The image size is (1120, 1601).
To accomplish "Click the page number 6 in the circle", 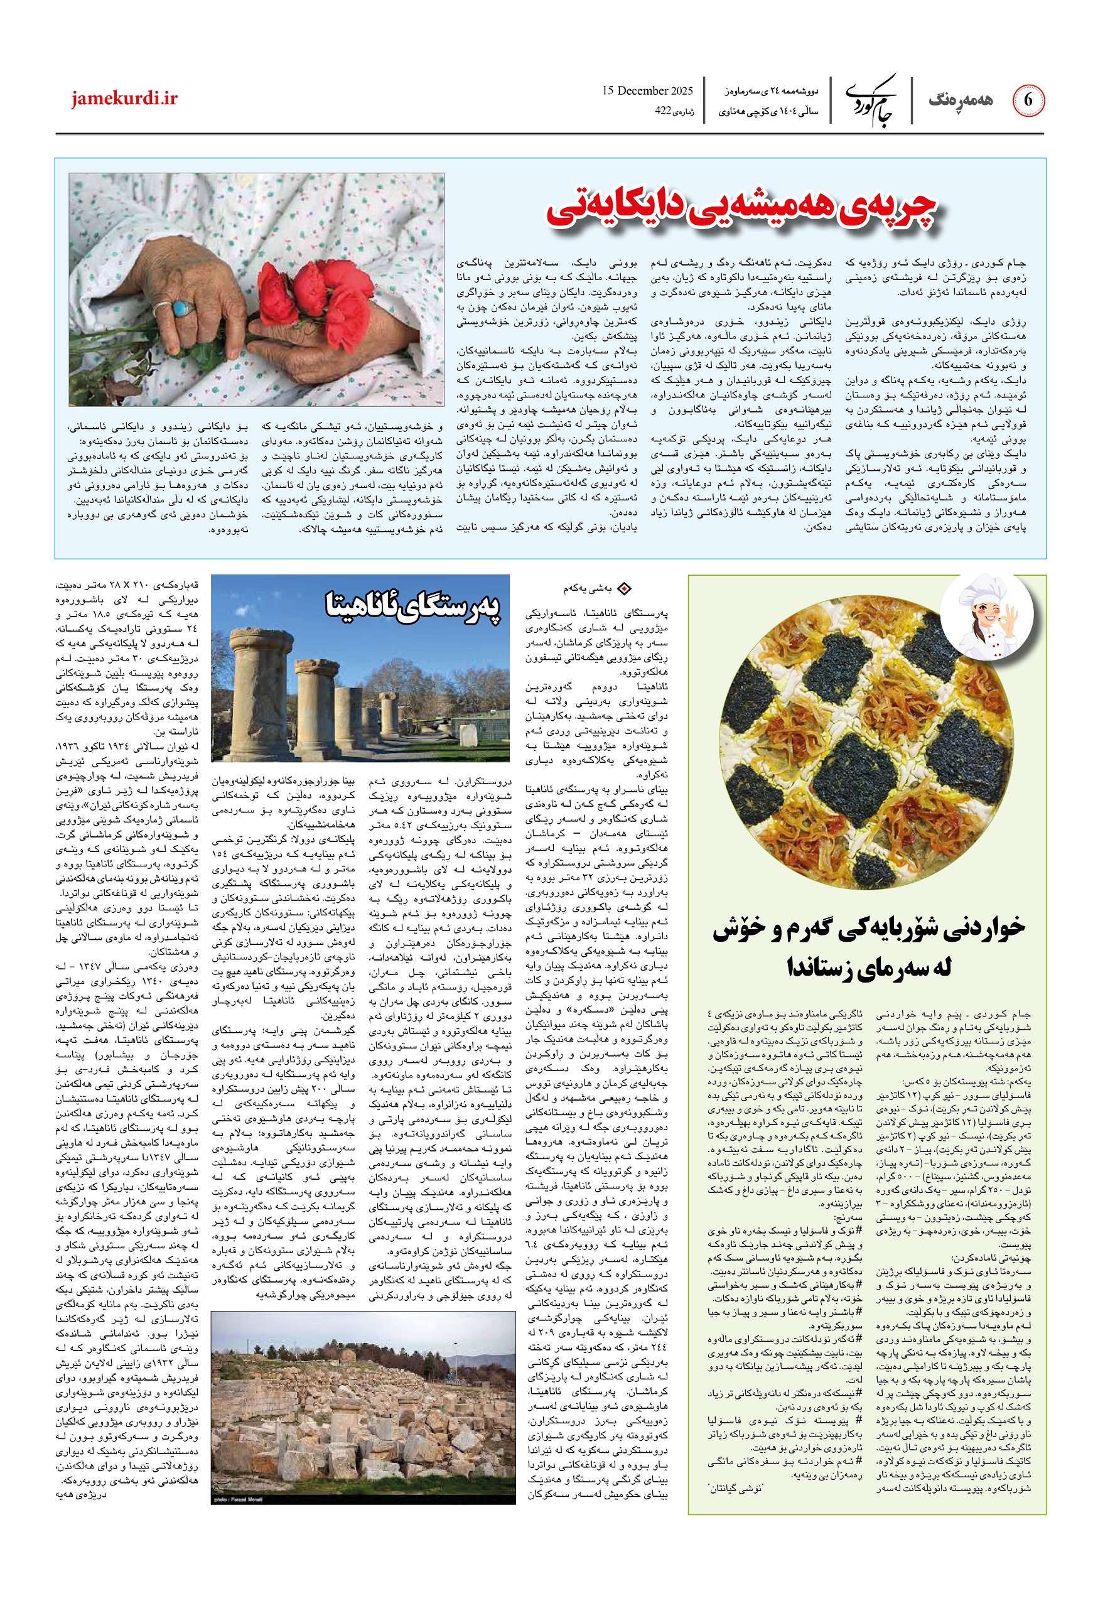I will pyautogui.click(x=1027, y=100).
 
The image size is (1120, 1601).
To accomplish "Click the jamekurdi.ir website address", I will pyautogui.click(x=124, y=99).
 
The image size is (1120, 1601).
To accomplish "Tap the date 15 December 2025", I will pyautogui.click(x=647, y=90).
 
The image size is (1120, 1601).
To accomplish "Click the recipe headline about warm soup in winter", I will pyautogui.click(x=868, y=948).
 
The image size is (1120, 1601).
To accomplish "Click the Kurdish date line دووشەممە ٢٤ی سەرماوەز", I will pyautogui.click(x=768, y=90).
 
